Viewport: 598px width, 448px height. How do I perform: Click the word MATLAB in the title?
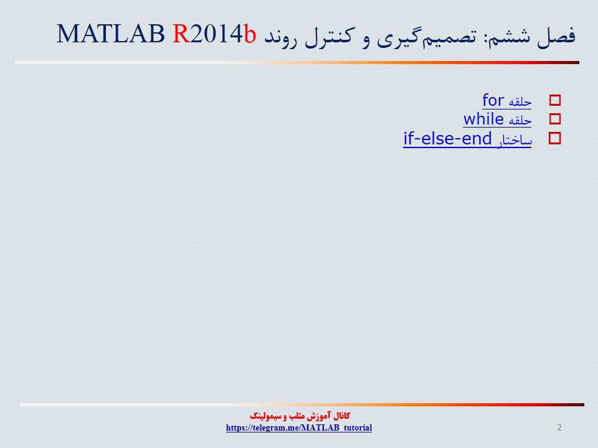[111, 34]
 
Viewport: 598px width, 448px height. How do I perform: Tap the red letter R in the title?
[181, 34]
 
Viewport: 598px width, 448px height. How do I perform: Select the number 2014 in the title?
[216, 34]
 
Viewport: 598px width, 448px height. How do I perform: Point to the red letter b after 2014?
[250, 34]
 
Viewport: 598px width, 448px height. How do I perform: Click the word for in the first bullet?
[493, 100]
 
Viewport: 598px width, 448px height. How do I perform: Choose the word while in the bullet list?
[483, 119]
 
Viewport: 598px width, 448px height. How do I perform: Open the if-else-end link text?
[447, 138]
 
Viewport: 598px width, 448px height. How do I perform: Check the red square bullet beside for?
[555, 101]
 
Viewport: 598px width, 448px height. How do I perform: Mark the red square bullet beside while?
[555, 119]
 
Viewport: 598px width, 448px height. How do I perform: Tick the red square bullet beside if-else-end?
[555, 138]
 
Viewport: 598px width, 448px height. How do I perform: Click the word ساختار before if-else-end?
[515, 140]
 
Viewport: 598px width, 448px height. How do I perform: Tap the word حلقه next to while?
[520, 120]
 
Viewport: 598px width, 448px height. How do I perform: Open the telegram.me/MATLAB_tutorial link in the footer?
[299, 427]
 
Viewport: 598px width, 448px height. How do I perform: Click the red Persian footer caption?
[300, 416]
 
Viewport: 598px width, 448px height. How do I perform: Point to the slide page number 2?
[559, 427]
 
